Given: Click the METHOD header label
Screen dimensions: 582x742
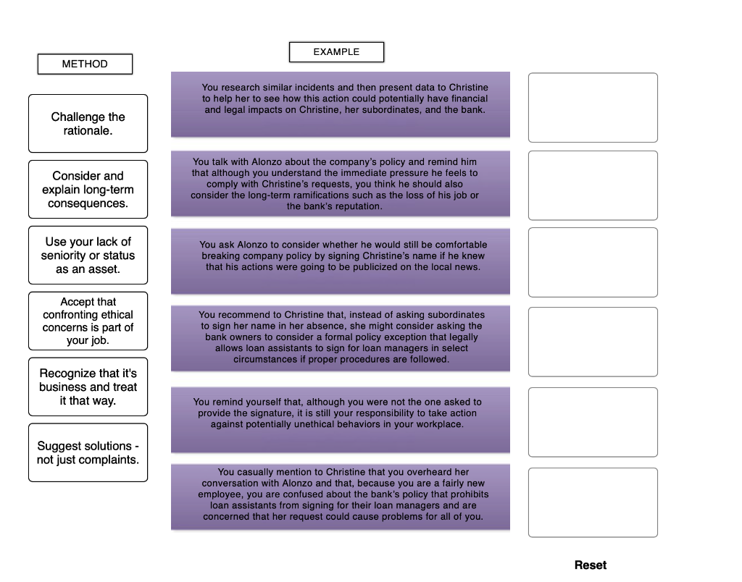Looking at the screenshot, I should click(85, 64).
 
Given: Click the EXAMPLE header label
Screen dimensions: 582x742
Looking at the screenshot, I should click(336, 52).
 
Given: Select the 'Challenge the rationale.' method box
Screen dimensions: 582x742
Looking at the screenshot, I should click(88, 123).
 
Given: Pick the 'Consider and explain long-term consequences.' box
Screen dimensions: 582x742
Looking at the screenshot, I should click(88, 189).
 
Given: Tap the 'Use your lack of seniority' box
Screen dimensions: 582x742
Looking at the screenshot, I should click(88, 255).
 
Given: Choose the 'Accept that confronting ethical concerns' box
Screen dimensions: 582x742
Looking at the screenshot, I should click(88, 321).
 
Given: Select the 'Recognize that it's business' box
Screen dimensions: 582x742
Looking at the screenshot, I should click(88, 387).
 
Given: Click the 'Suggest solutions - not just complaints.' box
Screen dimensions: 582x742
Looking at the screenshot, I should click(88, 452).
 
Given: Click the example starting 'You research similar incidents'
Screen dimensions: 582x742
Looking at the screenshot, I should click(341, 104).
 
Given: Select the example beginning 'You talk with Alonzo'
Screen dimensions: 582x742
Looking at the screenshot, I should click(341, 183).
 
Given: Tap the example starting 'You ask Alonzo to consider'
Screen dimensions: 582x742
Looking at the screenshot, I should click(341, 261).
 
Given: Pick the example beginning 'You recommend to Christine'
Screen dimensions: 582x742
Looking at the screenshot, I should click(341, 338).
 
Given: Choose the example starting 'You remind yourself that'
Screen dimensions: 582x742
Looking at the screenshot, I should click(341, 419).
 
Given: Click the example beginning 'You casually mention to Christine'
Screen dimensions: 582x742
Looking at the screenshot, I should click(341, 497).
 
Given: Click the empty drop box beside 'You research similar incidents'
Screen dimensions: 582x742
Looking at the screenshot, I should click(593, 107).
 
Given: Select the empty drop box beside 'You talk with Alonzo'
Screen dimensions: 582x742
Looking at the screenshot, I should click(593, 185).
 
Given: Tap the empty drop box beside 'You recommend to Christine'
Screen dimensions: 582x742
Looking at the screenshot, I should click(593, 342).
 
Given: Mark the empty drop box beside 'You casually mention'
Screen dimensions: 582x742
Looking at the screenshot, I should click(593, 502).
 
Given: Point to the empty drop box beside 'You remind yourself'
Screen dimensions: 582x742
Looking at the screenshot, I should click(593, 422).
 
